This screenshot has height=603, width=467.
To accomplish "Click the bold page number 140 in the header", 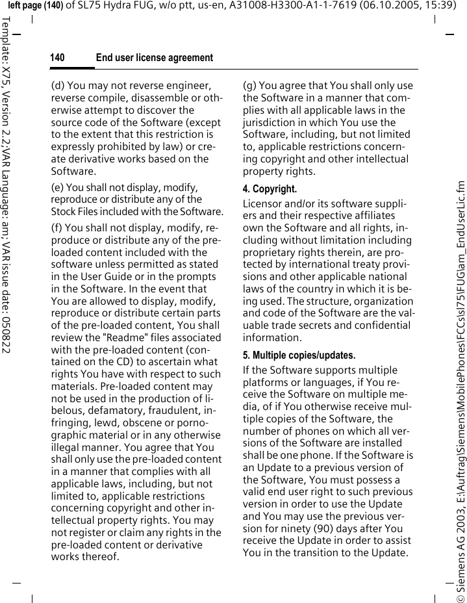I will (x=57, y=58).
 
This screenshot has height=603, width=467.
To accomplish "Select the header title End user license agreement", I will (x=154, y=58).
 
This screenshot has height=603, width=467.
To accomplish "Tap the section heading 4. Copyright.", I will (x=270, y=189).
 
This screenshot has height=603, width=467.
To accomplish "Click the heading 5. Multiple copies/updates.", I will (x=299, y=355).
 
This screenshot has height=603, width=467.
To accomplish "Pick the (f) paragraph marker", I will (x=57, y=228).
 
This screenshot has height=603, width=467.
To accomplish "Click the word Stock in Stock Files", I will (x=63, y=211).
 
